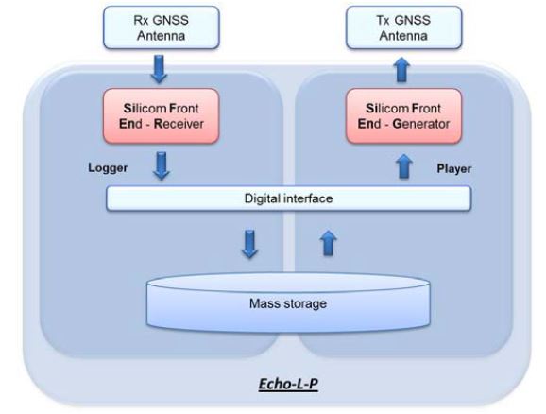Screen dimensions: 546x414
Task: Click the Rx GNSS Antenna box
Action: coord(162,27)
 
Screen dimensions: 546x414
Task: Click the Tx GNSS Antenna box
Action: coord(404,27)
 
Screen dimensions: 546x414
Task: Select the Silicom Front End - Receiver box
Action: coord(162,115)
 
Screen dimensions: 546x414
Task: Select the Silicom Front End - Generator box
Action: coord(404,115)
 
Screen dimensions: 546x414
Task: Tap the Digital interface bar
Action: coord(289,198)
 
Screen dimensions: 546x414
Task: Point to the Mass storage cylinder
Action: coord(288,302)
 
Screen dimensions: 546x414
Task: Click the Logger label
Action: coord(108,167)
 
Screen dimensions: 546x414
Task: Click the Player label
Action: coord(454,168)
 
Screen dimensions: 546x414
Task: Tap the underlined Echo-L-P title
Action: coord(288,384)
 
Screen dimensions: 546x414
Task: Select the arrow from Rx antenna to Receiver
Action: coord(160,69)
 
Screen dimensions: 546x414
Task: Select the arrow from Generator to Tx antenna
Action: coord(401,70)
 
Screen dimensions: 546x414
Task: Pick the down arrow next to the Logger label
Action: coord(162,165)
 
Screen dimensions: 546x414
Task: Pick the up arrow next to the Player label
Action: coord(404,166)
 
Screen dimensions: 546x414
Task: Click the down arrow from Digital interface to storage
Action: coord(249,244)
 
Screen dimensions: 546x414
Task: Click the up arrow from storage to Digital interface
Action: coord(329,243)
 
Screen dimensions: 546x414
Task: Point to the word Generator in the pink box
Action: coord(421,124)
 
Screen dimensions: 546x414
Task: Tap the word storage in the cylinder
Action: coord(305,303)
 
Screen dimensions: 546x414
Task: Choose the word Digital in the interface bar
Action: coord(263,199)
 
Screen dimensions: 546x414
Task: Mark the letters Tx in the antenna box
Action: coord(384,20)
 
